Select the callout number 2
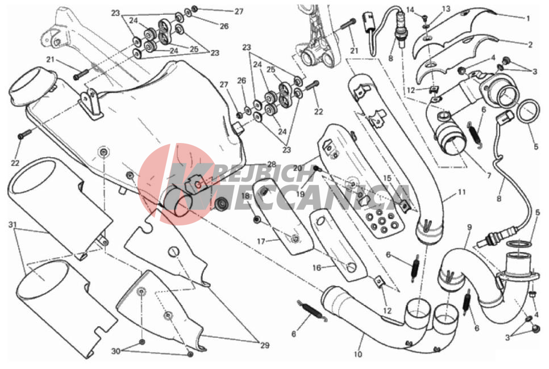coord(530,44)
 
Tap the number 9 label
coord(469,227)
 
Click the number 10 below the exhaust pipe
coord(357,354)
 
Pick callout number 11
coord(461,192)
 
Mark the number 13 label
coord(446,9)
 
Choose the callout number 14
coord(410,9)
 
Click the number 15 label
coord(387,178)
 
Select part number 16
coord(317,269)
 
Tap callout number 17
coord(261,241)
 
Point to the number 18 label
coord(245,196)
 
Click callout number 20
coord(297,169)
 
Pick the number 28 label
coord(272,164)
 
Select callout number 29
coord(265,346)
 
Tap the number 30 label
coord(117,351)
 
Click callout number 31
coord(13,225)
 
